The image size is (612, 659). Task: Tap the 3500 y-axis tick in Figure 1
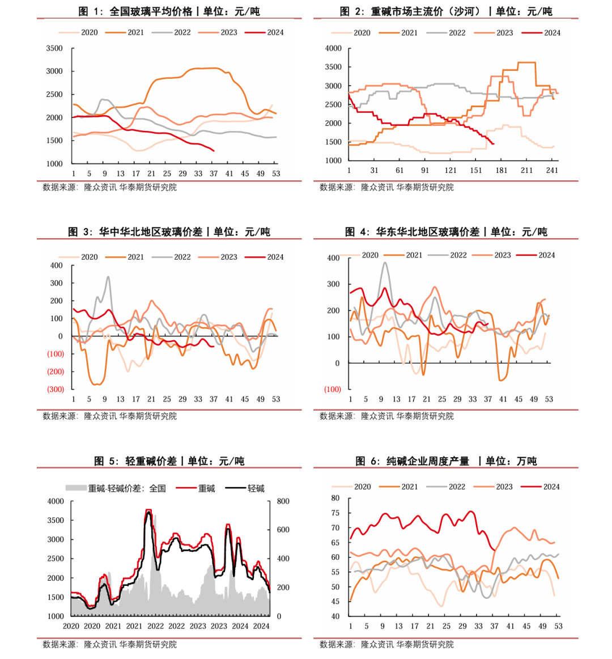coord(54,48)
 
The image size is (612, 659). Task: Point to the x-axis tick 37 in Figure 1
coord(214,174)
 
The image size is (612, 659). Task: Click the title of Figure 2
coord(446,11)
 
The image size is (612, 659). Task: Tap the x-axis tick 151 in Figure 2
coord(476,170)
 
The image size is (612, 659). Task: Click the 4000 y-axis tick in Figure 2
coord(333,48)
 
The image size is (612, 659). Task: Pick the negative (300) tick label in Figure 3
coord(56,389)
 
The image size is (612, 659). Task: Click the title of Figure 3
coord(169,231)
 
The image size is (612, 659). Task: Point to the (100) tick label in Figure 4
coord(333,389)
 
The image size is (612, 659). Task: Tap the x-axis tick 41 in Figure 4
coord(503,399)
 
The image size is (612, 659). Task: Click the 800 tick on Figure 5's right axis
coord(283,501)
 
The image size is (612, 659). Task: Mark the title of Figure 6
coord(446,461)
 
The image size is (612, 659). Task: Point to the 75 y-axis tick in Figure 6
coord(335,513)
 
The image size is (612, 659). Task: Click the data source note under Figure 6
coord(386,644)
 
